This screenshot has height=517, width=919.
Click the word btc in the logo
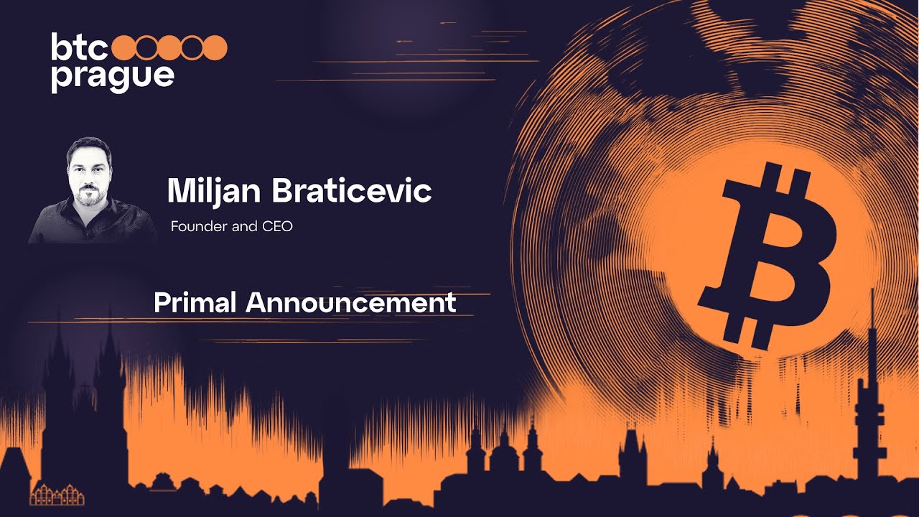pos(79,47)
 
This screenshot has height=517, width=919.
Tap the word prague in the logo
pos(112,77)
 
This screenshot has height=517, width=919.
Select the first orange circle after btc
pos(126,47)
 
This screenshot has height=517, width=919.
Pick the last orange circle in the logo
pos(215,47)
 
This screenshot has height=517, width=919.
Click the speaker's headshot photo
pos(90,190)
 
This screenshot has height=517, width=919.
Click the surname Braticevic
pos(350,190)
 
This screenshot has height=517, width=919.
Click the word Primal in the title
pos(195,302)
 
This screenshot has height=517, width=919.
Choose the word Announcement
pos(351,302)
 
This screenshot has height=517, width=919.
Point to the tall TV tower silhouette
pos(870,402)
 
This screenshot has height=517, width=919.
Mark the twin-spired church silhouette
pos(83,402)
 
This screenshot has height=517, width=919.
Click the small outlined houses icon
pos(57,495)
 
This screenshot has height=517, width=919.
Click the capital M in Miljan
pos(180,191)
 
